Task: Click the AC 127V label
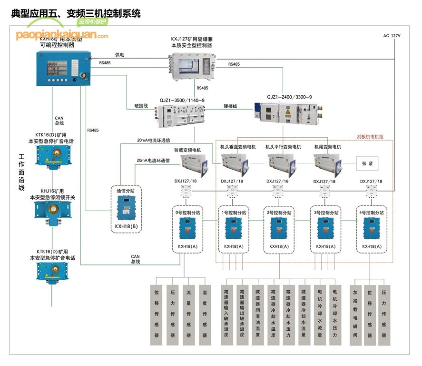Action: coord(392,36)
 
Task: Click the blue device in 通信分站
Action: coord(126,208)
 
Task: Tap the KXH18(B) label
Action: coord(126,225)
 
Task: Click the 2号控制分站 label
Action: coord(280,213)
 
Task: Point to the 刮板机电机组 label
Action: coord(370,137)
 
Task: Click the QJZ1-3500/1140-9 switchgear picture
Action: coord(183,116)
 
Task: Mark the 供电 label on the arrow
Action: coord(119,55)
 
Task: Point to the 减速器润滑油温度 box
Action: coord(257,312)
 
